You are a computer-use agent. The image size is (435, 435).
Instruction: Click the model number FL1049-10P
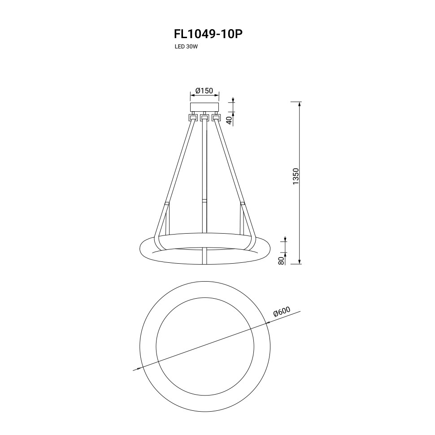pos(209,34)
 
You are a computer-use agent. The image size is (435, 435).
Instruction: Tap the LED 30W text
pos(186,47)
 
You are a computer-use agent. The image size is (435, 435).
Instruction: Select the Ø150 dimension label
pos(204,91)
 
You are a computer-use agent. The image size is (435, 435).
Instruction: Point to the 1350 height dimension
pos(296,176)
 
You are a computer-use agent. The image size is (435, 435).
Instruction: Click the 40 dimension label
pos(229,120)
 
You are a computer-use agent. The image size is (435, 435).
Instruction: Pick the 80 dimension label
pos(281,261)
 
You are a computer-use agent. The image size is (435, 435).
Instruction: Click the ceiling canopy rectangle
pos(204,107)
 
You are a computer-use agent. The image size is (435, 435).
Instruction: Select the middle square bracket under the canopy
pos(204,117)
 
